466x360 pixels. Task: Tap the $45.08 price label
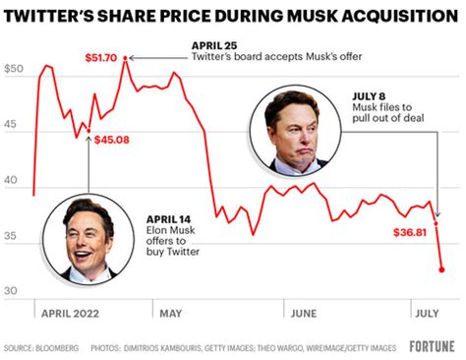(112, 140)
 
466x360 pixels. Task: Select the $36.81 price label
(400, 233)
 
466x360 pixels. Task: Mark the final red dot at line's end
(441, 269)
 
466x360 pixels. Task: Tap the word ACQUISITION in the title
(375, 17)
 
